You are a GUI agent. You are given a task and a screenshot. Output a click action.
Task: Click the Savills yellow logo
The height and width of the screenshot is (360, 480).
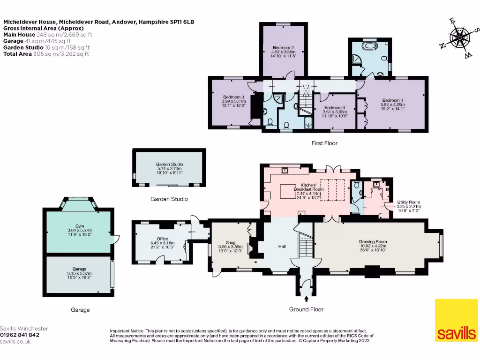456,320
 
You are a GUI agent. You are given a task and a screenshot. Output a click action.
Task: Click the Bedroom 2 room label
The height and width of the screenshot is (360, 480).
284,52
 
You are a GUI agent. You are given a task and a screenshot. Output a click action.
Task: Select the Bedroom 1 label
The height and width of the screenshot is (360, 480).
392,105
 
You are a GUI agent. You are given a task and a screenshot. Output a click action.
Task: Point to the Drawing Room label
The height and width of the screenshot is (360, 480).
373,246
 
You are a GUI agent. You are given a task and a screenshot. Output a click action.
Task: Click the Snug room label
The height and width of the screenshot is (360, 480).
230,247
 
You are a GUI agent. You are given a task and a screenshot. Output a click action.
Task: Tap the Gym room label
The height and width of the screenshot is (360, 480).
80,230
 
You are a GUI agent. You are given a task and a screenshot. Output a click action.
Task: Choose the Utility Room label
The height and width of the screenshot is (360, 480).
409,206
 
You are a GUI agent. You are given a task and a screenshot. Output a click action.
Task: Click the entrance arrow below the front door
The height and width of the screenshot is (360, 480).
306,299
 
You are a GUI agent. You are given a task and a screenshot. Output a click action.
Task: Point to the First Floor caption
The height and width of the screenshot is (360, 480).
324,143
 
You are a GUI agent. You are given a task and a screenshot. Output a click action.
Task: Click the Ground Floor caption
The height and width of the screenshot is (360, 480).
306,309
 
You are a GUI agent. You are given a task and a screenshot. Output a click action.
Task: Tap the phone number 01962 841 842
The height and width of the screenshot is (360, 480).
20,335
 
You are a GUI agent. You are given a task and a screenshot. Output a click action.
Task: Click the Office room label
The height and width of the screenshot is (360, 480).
162,243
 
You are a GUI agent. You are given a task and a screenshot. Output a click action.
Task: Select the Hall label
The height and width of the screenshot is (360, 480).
282,247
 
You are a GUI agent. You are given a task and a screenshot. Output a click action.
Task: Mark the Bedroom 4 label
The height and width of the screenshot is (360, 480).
335,112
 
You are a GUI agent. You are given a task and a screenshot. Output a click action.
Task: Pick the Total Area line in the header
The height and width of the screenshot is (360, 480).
46,54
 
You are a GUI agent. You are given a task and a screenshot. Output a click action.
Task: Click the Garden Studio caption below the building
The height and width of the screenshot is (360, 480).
169,199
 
